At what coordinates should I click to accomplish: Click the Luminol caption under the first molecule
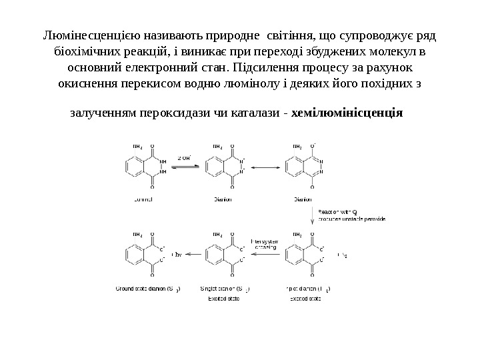[x=143, y=198]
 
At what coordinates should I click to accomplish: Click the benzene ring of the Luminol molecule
[x=134, y=167]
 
